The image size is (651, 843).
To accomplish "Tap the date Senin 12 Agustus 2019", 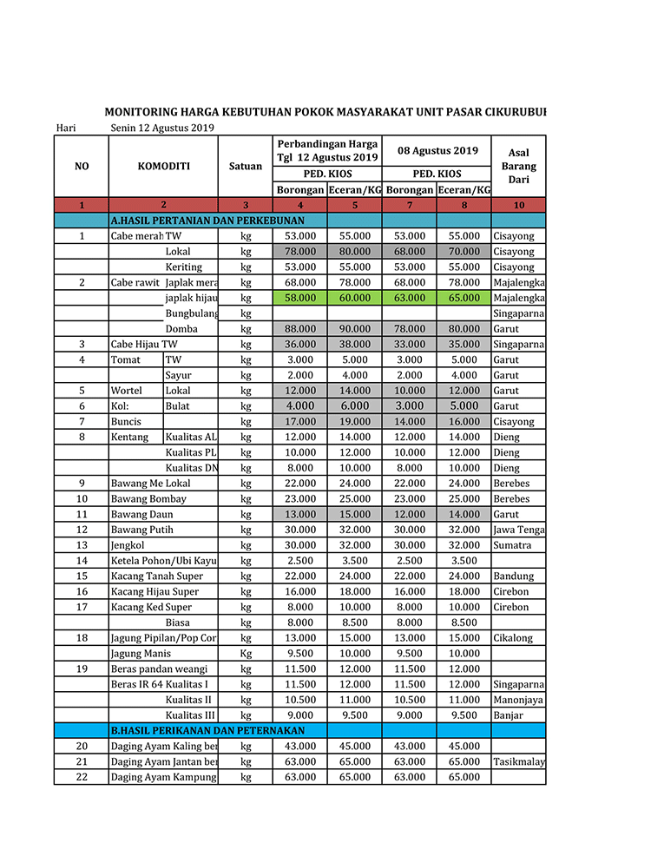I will [162, 128].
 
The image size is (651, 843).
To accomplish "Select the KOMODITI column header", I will [163, 166].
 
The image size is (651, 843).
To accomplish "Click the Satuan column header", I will [246, 166].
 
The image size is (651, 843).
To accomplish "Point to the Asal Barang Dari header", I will [518, 166].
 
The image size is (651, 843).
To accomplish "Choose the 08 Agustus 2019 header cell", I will [437, 150].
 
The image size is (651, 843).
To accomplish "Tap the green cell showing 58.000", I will [300, 298].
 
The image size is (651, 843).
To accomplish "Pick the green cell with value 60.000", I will [354, 298].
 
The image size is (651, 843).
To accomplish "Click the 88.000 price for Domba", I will [300, 329].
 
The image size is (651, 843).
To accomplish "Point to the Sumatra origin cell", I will [513, 545].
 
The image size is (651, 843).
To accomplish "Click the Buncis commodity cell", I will [126, 422].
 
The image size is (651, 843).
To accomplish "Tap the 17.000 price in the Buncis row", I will [300, 422].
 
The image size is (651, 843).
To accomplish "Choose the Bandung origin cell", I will [513, 576].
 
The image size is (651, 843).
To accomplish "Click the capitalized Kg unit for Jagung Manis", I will [246, 654].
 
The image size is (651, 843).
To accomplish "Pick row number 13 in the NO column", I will [82, 545].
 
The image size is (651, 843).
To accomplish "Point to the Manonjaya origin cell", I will [517, 700].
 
